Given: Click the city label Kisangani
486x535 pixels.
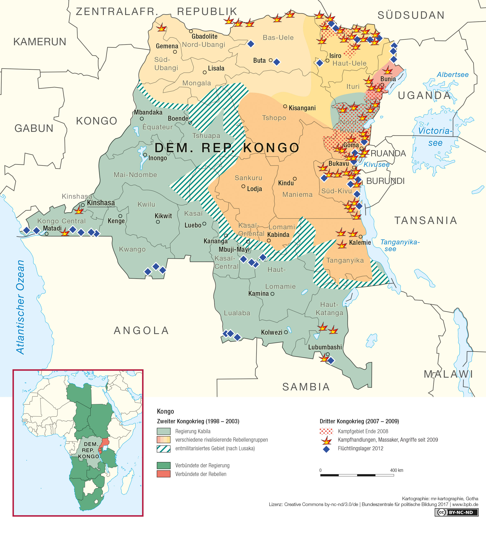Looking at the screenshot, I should click(x=302, y=108).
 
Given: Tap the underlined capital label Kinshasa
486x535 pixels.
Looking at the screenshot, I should click(x=101, y=203).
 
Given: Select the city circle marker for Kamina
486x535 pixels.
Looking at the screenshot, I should click(x=272, y=294).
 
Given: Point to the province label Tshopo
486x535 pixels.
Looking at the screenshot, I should click(x=274, y=118).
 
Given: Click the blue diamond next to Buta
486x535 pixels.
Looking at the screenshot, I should click(x=277, y=62).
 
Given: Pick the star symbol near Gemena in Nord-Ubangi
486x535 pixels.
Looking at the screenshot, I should click(x=161, y=28).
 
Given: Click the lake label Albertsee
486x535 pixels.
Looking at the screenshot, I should click(x=452, y=75).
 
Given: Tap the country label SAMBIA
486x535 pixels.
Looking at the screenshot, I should click(x=306, y=387).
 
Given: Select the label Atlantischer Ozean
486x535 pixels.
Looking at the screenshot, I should click(x=20, y=307).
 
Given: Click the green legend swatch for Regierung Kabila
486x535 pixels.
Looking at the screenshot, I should click(x=164, y=431).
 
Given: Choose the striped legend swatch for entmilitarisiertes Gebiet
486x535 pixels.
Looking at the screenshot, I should click(x=164, y=448).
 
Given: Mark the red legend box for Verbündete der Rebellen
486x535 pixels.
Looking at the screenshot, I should click(x=164, y=474).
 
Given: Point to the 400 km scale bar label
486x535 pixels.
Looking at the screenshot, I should click(x=396, y=470).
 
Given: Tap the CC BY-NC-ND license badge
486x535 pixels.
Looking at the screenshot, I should click(x=456, y=512).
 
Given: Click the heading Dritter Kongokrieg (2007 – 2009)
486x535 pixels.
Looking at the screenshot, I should click(x=359, y=421).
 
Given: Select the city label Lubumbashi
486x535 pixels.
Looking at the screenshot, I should click(x=325, y=347).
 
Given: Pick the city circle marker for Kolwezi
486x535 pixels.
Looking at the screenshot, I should click(x=286, y=332).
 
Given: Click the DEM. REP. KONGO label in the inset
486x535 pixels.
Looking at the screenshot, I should click(x=89, y=450).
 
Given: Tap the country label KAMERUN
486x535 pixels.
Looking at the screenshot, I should click(x=40, y=42).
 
